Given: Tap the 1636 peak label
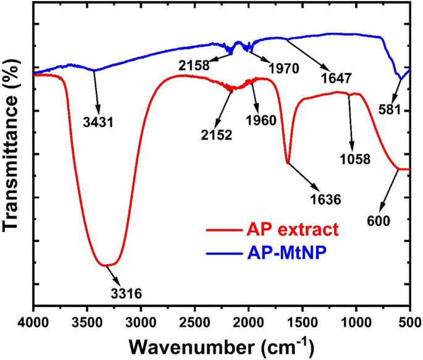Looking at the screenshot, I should coord(326,199).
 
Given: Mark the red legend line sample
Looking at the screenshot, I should coord(225,231).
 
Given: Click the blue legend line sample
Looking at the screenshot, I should coord(225,251).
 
